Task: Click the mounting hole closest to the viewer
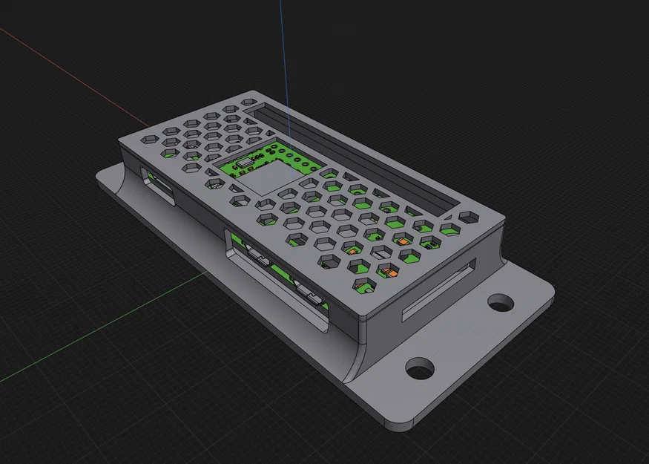tap(420, 368)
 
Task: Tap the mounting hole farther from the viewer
tap(501, 302)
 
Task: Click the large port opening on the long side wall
tap(278, 278)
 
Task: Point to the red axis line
tap(74, 74)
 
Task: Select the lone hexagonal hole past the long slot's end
tap(470, 218)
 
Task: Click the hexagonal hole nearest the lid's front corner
tap(361, 287)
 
